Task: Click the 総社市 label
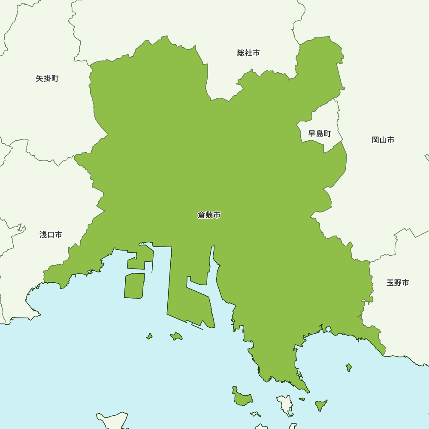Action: click(x=248, y=53)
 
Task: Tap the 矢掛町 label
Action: click(x=47, y=79)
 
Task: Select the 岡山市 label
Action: click(x=383, y=140)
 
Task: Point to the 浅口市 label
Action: click(x=51, y=235)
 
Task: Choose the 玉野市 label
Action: click(x=398, y=283)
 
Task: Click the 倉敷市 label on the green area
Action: click(x=209, y=215)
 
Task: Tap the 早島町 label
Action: click(x=320, y=134)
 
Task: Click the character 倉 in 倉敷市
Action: click(x=201, y=215)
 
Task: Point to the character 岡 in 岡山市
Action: click(x=375, y=140)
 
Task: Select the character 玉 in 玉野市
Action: click(x=390, y=283)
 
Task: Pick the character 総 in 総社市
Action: click(x=241, y=53)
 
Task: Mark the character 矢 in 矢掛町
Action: click(x=39, y=79)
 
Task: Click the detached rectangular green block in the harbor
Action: click(x=134, y=286)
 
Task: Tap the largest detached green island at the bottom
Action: click(x=242, y=398)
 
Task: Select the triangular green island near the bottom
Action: click(x=320, y=404)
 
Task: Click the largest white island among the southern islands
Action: click(x=285, y=405)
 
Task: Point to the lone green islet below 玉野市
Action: click(x=349, y=367)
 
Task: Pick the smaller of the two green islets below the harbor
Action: click(x=149, y=336)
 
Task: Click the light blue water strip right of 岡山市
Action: click(x=427, y=157)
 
